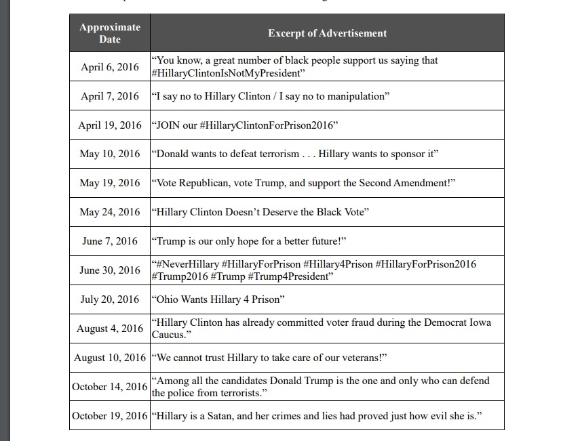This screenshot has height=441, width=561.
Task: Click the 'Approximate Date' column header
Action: pos(110,33)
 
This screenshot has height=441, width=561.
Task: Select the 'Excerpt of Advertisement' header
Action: pos(327,33)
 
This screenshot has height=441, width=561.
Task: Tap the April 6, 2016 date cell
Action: pos(110,66)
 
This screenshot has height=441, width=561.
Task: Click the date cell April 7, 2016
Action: pos(110,96)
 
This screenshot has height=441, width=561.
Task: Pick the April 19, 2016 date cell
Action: pos(110,125)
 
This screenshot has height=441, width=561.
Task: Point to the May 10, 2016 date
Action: pos(110,154)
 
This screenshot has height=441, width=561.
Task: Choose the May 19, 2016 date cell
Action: pos(110,183)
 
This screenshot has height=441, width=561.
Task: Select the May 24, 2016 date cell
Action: pos(110,212)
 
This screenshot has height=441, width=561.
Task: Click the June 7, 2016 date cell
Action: pos(110,241)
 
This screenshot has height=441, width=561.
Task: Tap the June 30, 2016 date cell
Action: pos(110,270)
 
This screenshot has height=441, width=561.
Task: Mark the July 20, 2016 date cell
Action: pos(110,299)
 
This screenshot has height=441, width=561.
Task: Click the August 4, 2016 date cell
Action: pos(110,329)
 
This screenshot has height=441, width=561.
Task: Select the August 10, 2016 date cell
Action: pos(110,357)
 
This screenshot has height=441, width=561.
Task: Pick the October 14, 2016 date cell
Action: pos(110,386)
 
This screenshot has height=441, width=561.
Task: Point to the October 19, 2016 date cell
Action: pos(110,415)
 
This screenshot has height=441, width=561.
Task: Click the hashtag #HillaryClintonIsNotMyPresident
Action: pos(227,72)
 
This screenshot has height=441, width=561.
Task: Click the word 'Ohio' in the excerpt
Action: pos(169,299)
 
